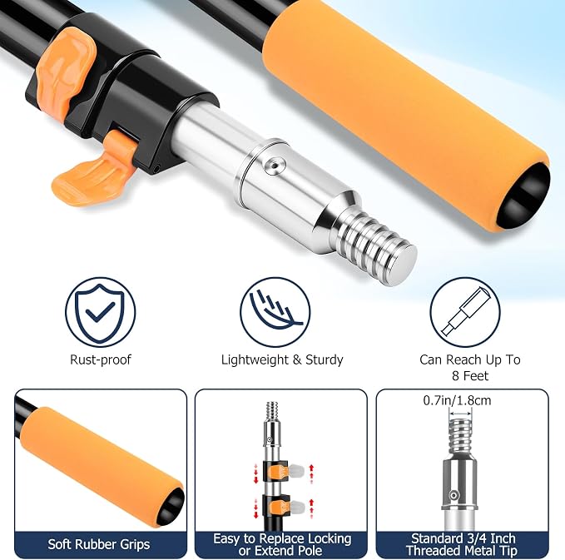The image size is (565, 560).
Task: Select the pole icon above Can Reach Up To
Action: [x=465, y=312]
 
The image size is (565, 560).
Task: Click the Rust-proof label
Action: [x=101, y=359]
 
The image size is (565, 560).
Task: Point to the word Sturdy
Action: [x=325, y=359]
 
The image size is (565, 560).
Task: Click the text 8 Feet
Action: [x=470, y=376]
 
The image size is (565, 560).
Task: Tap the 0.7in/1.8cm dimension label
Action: [x=457, y=400]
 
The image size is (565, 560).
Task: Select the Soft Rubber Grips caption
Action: [x=99, y=544]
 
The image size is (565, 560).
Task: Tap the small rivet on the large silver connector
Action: [x=275, y=166]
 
